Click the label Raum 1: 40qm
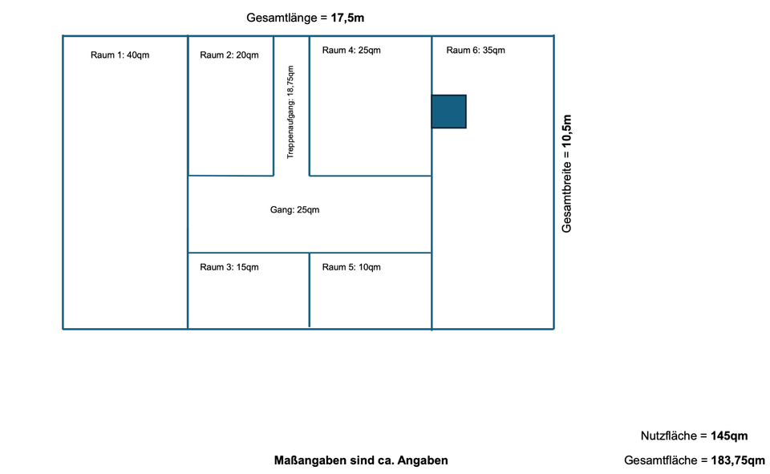pos(120,55)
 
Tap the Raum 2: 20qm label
pos(229,55)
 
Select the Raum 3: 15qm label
pos(229,267)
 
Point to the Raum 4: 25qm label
pos(351,51)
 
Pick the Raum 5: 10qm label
pos(351,267)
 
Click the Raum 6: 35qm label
pos(476,51)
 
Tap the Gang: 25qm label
pos(295,210)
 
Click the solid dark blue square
pos(449,111)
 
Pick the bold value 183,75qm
pos(738,460)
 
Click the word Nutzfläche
pos(668,436)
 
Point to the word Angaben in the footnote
pos(423,460)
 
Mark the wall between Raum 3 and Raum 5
pos(310,290)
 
